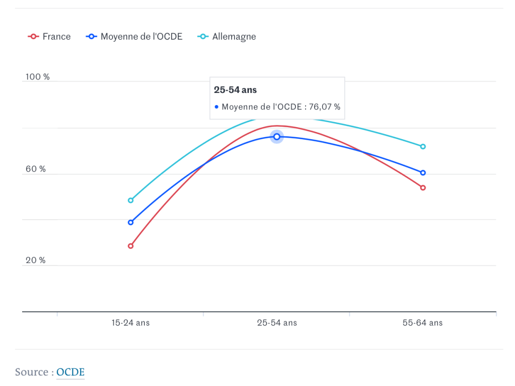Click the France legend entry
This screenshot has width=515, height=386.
coord(50,37)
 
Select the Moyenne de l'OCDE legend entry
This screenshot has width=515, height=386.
coord(135,37)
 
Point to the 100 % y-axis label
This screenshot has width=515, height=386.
coord(38,77)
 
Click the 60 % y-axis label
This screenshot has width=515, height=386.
coord(36,169)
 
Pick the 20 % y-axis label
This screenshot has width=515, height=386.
coord(36,260)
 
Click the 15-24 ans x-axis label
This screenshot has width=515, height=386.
coord(130,323)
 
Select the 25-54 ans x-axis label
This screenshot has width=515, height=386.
coord(277,323)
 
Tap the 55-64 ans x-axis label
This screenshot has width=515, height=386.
coord(422,323)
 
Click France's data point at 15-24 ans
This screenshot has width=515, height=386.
coord(131,246)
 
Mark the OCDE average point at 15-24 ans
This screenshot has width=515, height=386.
coord(131,222)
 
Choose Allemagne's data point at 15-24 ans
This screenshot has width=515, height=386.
coord(131,200)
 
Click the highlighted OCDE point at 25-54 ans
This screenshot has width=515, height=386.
coord(277,137)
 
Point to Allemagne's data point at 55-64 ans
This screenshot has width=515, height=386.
coord(423,146)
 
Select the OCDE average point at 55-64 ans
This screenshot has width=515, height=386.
coord(423,172)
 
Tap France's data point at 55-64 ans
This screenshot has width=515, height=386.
coord(423,187)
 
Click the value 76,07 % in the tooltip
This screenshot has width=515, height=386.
coord(325,107)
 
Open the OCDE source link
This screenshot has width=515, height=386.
coord(70,372)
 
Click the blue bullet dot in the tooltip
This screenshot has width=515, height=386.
coord(216,107)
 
